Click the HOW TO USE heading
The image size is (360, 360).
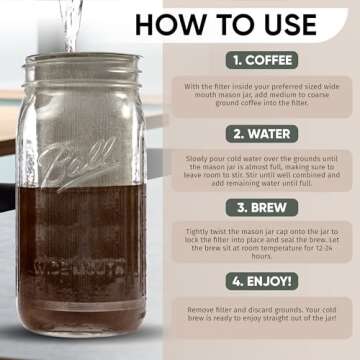(247, 22)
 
